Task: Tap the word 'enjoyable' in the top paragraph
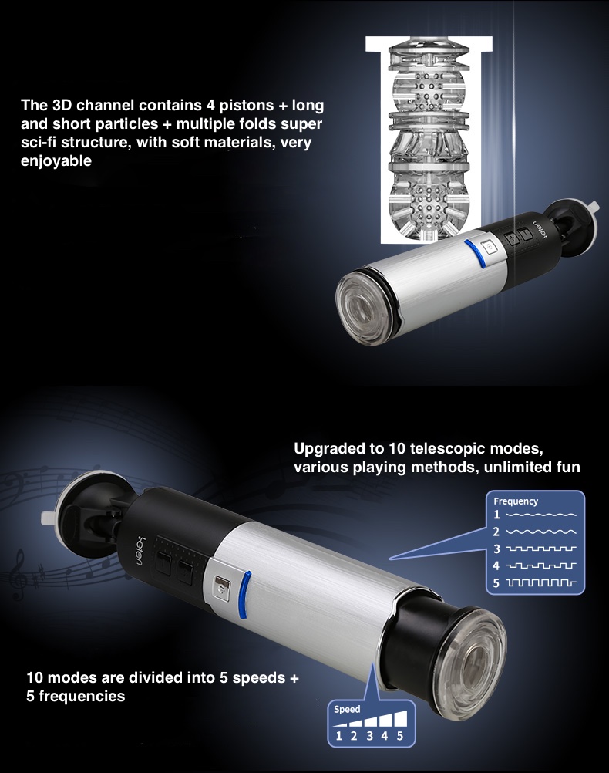pos(56,161)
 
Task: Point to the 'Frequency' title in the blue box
pos(516,501)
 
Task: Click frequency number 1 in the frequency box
pos(496,515)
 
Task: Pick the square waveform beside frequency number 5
pos(541,582)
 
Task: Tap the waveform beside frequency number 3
pos(541,549)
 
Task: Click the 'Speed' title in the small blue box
pos(347,710)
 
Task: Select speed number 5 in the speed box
pos(400,736)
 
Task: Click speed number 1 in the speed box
pos(338,736)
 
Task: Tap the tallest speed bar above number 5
pos(401,718)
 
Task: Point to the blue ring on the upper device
pos(473,251)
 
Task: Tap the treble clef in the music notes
pos(20,575)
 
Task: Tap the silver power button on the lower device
pos(220,588)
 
